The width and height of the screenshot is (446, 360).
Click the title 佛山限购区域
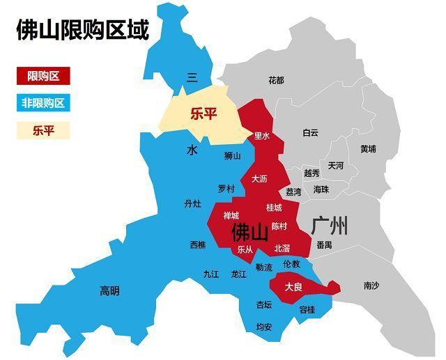point(82,31)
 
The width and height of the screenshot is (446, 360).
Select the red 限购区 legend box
point(43,75)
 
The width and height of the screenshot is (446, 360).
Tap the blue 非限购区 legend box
point(43,103)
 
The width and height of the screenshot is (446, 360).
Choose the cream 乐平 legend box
point(43,130)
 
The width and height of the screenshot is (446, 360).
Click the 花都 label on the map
point(276,80)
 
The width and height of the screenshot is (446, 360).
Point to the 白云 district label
point(310,132)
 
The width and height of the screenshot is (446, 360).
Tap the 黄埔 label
point(368,148)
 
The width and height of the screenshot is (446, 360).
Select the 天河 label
point(335,166)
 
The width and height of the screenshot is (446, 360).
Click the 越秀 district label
point(312,173)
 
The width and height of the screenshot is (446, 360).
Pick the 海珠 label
point(321,189)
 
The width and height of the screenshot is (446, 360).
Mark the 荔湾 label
point(293,191)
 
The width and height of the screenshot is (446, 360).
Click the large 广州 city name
point(330,226)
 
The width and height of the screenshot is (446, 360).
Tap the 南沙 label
point(371,285)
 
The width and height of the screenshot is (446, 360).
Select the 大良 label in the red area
point(293,287)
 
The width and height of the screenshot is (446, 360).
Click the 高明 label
point(109,290)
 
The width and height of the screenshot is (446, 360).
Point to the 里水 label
point(261,136)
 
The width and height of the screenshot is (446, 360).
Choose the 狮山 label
point(232,156)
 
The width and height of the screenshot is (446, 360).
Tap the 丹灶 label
point(192,204)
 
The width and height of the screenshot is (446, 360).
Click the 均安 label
point(263,327)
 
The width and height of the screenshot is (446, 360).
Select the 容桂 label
point(307,310)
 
